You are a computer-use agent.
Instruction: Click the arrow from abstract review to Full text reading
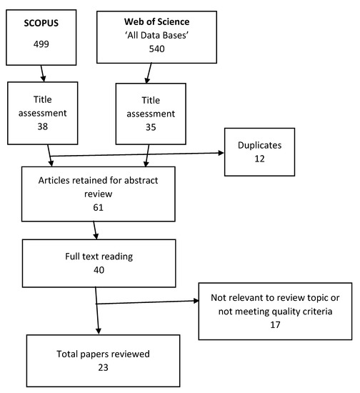(x=96, y=230)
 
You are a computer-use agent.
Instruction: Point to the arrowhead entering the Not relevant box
(x=195, y=303)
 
